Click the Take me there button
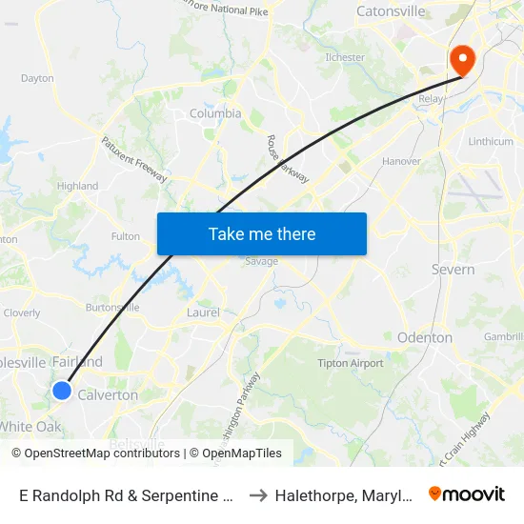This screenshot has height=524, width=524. click(262, 233)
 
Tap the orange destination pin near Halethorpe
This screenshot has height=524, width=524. click(462, 60)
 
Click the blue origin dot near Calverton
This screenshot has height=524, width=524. click(62, 390)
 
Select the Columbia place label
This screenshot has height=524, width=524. click(215, 113)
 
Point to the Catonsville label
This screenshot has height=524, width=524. click(391, 11)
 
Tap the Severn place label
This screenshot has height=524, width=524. click(453, 270)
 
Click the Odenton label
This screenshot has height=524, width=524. click(425, 337)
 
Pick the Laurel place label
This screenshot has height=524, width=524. click(203, 312)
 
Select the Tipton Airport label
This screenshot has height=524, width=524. click(352, 363)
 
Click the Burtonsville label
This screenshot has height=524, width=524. click(112, 308)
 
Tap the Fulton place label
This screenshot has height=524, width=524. click(126, 236)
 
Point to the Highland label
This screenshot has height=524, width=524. click(77, 186)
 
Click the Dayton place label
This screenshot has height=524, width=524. click(37, 78)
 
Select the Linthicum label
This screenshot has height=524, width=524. click(491, 142)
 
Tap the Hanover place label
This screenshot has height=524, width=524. click(401, 161)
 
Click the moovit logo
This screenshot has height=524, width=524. click(467, 494)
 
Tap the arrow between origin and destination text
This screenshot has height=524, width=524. click(257, 495)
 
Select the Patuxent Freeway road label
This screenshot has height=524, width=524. click(134, 160)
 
